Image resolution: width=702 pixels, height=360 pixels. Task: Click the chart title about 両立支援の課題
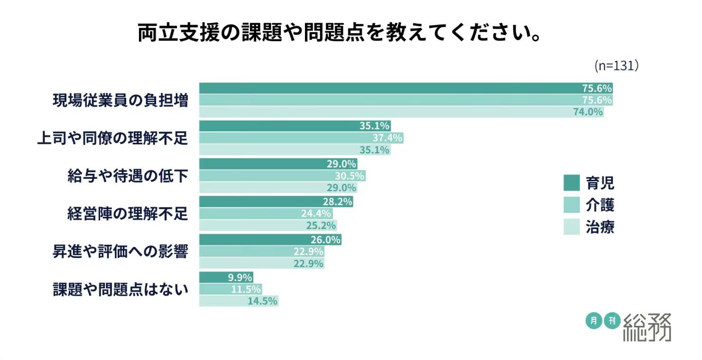point(340,32)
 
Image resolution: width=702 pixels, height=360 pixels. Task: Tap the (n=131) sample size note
point(616,66)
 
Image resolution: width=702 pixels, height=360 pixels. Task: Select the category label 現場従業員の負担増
point(120,101)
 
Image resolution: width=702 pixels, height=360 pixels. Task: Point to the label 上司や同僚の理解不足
point(112,138)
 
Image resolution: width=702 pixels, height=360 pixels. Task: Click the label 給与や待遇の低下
point(128,176)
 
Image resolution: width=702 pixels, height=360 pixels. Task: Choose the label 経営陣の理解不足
point(128,214)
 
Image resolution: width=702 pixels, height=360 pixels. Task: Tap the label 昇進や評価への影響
point(120,252)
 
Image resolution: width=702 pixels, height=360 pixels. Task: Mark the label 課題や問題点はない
point(120,289)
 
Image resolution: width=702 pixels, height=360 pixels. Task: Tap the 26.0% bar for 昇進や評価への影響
point(270,240)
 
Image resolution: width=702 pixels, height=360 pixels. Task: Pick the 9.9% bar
point(225,277)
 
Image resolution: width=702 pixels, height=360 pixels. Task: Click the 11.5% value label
point(246,289)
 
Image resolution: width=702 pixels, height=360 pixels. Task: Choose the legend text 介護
point(600,205)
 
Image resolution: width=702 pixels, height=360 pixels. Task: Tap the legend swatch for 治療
point(572,227)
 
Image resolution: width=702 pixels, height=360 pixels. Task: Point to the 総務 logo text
point(647,327)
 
